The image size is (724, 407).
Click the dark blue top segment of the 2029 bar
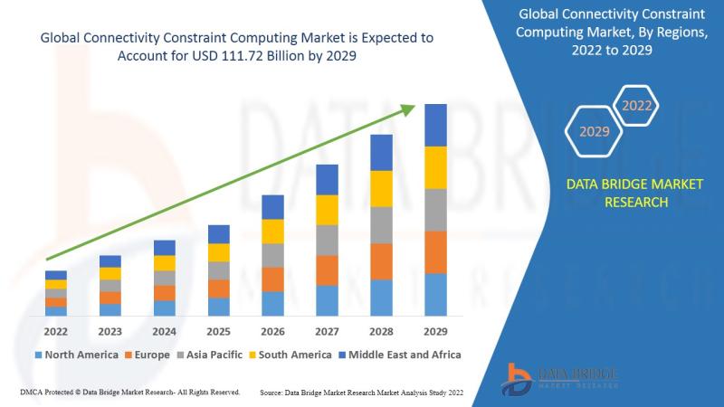[436, 125]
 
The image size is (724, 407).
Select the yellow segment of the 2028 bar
[382, 188]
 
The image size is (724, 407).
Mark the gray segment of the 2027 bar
[327, 240]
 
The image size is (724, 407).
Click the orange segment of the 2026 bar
[272, 279]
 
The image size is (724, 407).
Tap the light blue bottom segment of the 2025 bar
[218, 307]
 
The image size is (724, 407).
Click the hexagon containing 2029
[594, 131]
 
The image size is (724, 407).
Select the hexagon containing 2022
[636, 106]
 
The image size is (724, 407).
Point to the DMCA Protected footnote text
[128, 393]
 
